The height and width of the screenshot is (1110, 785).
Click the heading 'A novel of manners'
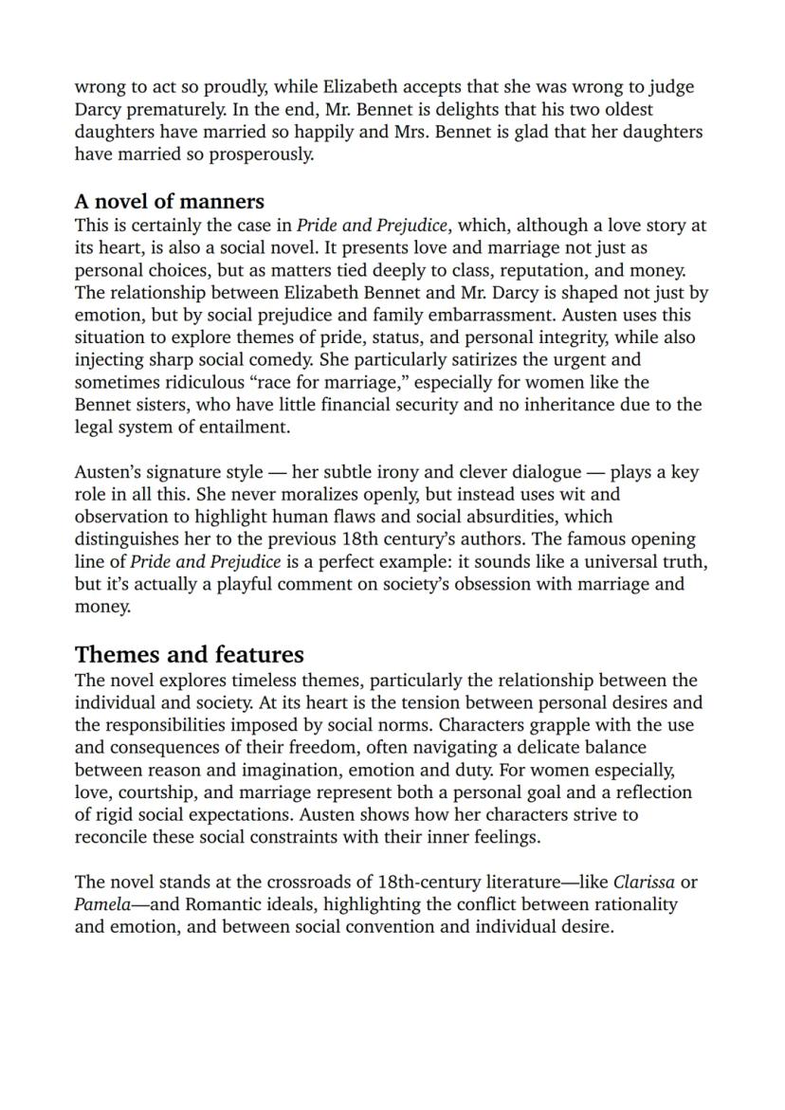tap(169, 202)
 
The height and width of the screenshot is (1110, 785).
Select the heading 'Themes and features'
tap(189, 655)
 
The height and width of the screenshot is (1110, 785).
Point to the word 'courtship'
tap(156, 792)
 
